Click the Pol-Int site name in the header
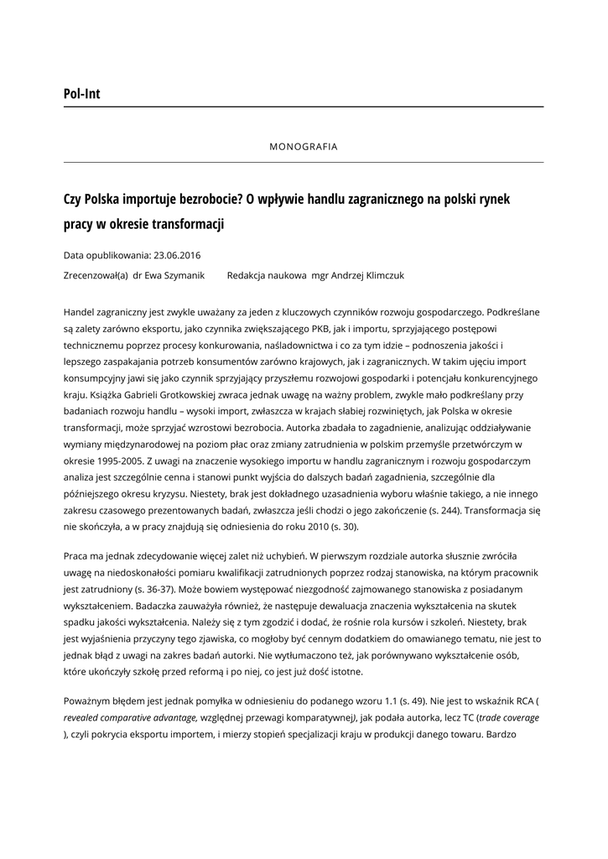click(x=81, y=94)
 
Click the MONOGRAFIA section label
click(x=304, y=146)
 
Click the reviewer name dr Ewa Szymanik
click(x=171, y=274)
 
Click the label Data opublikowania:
click(x=107, y=255)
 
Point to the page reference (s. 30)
click(x=343, y=526)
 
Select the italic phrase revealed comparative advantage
click(x=129, y=718)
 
